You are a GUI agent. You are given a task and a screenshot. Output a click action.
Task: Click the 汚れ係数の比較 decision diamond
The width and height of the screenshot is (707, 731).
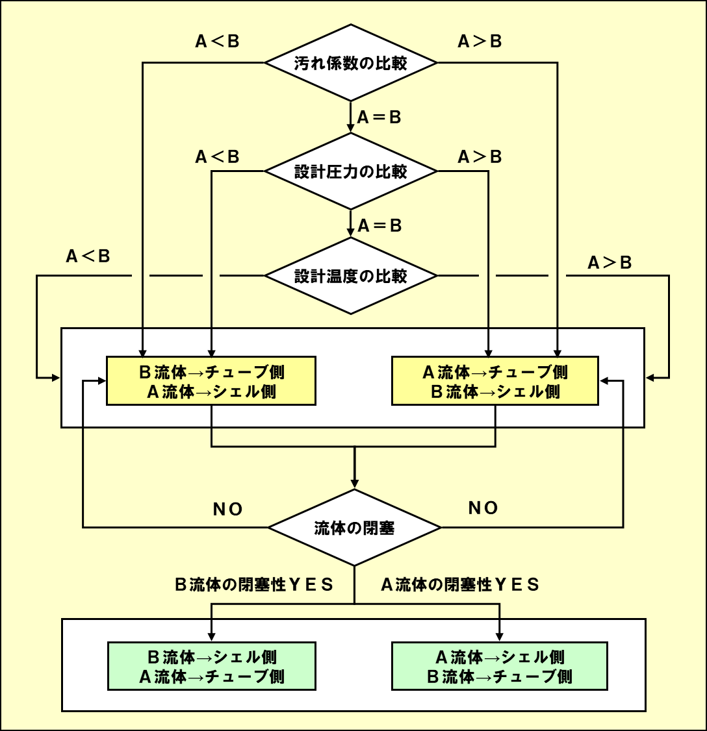[351, 63]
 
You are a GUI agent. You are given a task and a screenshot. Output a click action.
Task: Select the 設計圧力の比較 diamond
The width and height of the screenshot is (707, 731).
[351, 171]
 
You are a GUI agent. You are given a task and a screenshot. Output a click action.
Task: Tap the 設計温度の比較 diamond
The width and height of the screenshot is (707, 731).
[351, 276]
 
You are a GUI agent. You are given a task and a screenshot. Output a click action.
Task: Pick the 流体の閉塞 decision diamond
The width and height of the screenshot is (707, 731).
[355, 528]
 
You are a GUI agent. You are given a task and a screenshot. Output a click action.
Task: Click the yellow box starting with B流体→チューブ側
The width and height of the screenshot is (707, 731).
[211, 381]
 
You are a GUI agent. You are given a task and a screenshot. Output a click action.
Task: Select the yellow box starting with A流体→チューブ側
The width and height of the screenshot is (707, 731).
[495, 381]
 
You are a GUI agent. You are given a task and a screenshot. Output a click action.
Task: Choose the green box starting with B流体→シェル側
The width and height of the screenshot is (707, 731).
[211, 666]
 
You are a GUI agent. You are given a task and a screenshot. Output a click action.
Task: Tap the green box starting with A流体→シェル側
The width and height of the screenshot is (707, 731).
[499, 666]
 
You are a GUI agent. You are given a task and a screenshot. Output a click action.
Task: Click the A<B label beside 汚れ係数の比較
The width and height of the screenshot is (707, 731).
[218, 42]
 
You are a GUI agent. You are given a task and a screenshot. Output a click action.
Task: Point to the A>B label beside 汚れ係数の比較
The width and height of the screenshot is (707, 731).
[480, 42]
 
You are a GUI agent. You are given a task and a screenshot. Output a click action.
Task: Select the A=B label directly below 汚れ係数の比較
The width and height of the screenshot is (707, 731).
[379, 118]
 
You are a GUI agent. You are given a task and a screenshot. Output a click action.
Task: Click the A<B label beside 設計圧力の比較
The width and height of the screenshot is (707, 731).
[218, 157]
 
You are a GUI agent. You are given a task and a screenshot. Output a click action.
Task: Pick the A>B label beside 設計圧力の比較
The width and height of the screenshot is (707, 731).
[480, 157]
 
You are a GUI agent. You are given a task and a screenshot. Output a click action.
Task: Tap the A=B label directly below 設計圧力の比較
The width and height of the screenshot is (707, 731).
[379, 226]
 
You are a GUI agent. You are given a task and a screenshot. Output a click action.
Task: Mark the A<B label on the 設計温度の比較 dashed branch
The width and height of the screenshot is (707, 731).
[88, 256]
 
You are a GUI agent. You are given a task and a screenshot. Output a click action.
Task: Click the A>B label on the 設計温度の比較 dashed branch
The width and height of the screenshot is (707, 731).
[610, 263]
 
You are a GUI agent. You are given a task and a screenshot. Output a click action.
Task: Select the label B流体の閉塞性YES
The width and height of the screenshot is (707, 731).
[254, 585]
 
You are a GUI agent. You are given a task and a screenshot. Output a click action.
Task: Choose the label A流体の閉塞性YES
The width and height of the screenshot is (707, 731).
[460, 585]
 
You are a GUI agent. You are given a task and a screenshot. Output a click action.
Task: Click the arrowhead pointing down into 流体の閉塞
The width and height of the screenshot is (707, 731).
[355, 484]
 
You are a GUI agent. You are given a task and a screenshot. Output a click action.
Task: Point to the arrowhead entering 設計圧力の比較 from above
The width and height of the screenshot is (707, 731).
[351, 129]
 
